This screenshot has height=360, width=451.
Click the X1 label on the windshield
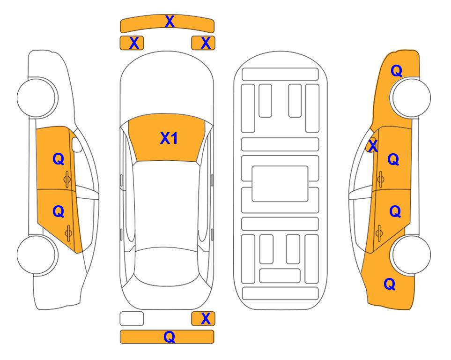coord(169,138)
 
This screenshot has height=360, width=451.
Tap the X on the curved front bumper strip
coord(170,22)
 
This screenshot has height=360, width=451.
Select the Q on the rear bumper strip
coord(169,337)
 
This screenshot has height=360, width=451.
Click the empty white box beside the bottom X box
coord(132,319)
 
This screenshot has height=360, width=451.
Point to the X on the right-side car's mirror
coord(373,145)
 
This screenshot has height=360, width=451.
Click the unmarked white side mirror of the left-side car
coord(77,144)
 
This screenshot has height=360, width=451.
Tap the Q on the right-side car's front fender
coord(396,71)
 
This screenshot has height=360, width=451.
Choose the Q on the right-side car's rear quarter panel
coord(390,284)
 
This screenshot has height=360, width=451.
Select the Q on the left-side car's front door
coord(59,159)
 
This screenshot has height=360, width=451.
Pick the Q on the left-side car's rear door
coord(59,212)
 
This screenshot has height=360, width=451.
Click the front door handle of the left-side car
coord(67,179)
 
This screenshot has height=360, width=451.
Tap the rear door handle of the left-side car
coord(68,233)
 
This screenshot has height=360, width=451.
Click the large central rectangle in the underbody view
coord(280,184)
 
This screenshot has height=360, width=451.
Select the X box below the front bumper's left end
coord(132,43)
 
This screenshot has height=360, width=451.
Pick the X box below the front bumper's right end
coord(203,43)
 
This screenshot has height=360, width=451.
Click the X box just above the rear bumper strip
coord(203,319)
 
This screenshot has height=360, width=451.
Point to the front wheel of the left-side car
coord(37,97)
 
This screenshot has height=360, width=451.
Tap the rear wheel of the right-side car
coord(411,255)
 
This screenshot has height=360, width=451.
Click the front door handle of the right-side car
coord(380,179)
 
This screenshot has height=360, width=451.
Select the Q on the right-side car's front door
coord(393,159)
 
